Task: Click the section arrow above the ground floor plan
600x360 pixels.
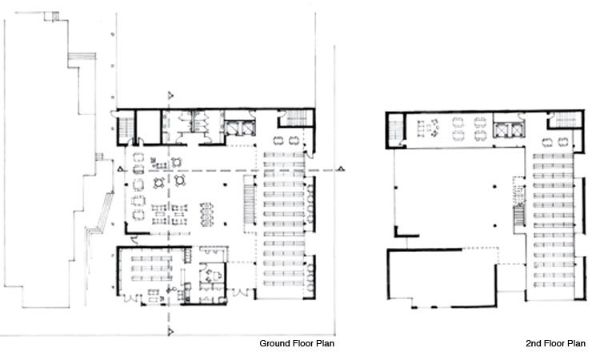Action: pyautogui.click(x=170, y=95)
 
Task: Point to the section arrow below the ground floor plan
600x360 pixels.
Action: pyautogui.click(x=170, y=331)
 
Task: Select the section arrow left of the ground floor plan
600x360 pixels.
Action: pyautogui.click(x=121, y=169)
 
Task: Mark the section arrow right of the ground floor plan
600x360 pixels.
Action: pyautogui.click(x=341, y=169)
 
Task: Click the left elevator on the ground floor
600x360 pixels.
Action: pyautogui.click(x=232, y=128)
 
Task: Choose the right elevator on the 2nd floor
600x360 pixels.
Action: pyautogui.click(x=517, y=130)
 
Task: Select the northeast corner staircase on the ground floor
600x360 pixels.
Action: pyautogui.click(x=297, y=118)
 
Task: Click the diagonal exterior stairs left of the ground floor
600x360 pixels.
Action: pyautogui.click(x=105, y=211)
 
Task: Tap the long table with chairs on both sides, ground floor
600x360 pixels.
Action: pyautogui.click(x=206, y=214)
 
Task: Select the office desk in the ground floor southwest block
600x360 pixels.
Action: pyautogui.click(x=213, y=275)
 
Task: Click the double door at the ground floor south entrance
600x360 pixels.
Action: pyautogui.click(x=241, y=294)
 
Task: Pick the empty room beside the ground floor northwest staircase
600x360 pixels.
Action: pyautogui.click(x=149, y=127)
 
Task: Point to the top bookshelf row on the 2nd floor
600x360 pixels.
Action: pyautogui.click(x=553, y=157)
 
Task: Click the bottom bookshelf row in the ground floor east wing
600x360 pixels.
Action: pyautogui.click(x=284, y=283)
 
